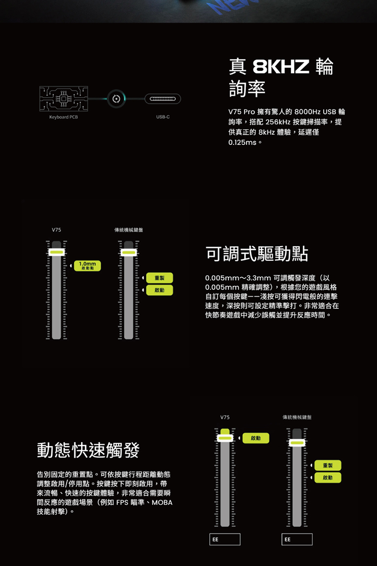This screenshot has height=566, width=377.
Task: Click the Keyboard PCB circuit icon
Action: [64, 99]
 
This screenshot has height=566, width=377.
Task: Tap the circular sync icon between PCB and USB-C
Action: [116, 99]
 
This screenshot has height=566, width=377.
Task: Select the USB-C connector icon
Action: [163, 99]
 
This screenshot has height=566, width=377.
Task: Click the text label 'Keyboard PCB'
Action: [64, 117]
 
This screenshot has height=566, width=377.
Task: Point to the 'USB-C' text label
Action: [163, 117]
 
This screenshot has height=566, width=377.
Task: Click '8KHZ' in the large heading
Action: [281, 66]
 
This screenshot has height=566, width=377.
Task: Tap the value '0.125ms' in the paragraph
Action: [242, 142]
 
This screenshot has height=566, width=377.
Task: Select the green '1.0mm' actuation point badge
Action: [87, 266]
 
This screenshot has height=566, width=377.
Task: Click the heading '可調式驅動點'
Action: [257, 254]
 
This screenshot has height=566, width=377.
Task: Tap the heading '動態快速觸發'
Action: [88, 450]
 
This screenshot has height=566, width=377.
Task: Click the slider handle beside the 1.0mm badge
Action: [57, 252]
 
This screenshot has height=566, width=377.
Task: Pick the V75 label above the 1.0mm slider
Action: [56, 230]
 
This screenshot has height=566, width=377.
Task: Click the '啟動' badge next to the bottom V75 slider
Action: [256, 438]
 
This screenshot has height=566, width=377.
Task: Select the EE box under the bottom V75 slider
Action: [225, 539]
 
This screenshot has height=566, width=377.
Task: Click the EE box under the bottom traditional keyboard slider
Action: [297, 539]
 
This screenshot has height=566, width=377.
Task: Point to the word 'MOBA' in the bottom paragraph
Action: [162, 503]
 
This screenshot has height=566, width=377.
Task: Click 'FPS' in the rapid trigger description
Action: [123, 503]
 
